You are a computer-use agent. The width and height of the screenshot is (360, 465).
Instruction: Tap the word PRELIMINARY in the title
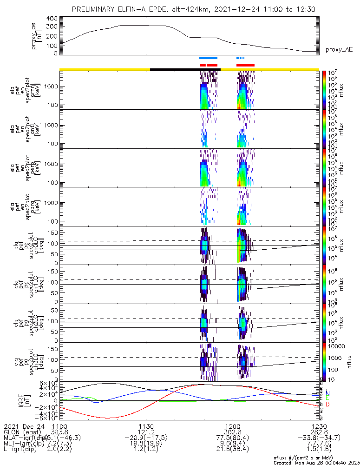pos(93,9)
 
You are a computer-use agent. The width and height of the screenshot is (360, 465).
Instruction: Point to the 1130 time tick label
pos(146,426)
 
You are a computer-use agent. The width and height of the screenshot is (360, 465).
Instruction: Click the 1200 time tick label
pos(232,426)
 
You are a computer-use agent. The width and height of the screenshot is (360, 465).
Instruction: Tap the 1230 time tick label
pos(318,426)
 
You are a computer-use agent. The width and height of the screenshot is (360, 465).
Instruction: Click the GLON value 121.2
pos(146,432)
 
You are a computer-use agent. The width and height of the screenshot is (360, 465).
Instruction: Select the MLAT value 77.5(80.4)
pos(232,438)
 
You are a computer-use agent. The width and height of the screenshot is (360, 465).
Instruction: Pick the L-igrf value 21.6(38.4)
pos(232,450)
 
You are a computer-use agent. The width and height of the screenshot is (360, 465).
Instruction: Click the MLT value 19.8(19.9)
pos(146,444)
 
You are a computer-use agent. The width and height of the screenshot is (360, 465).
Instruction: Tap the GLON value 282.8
pos(318,432)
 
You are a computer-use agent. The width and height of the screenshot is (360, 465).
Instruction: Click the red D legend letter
pos(327,404)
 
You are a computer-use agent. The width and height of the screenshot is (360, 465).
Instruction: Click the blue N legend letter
pos(327,393)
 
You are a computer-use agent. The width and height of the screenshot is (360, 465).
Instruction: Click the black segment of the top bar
pos(185,69)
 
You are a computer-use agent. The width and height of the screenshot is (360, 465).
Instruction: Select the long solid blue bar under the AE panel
pos(208,58)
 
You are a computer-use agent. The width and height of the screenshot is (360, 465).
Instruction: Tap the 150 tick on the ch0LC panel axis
pos(52,232)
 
